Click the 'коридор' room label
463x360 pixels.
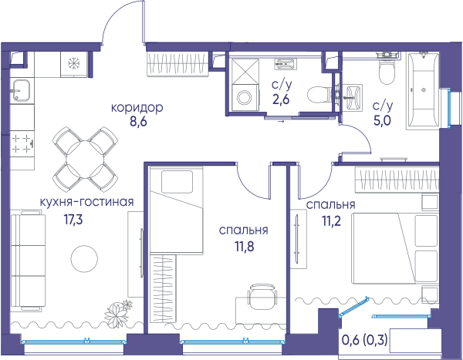tap(137, 107)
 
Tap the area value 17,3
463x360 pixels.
tap(73, 220)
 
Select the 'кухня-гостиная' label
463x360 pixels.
tap(86, 202)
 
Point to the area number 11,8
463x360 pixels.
tap(244, 247)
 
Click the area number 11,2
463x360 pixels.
tap(331, 220)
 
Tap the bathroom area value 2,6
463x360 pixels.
tap(281, 99)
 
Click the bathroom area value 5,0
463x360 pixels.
tap(382, 121)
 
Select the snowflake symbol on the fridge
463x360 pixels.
tap(73, 63)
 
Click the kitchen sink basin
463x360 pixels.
tap(20, 90)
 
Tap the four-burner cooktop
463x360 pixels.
tap(22, 144)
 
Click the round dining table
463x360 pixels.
tap(85, 160)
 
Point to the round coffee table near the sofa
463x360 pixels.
tap(84, 258)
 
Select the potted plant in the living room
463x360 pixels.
tap(117, 312)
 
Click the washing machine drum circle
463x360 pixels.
tap(244, 97)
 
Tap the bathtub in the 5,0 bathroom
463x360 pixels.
tap(424, 90)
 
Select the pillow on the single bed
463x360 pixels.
tap(177, 182)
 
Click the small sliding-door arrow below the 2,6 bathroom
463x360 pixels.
tap(281, 121)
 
